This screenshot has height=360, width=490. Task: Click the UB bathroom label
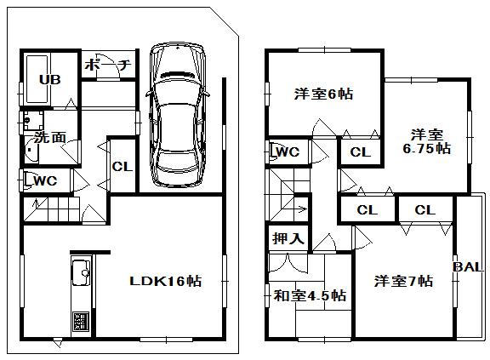pos(50,80)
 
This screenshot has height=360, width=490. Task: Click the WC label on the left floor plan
pos(45,180)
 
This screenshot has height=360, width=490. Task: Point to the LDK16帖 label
pos(165,282)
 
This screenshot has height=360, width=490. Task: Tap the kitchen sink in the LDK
pos(82,274)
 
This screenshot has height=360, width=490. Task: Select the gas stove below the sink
pos(82,322)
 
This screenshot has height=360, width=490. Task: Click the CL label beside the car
pos(122,167)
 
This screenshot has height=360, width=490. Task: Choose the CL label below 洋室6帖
pos(360,153)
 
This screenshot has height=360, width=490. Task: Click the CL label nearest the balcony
pos(425,210)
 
